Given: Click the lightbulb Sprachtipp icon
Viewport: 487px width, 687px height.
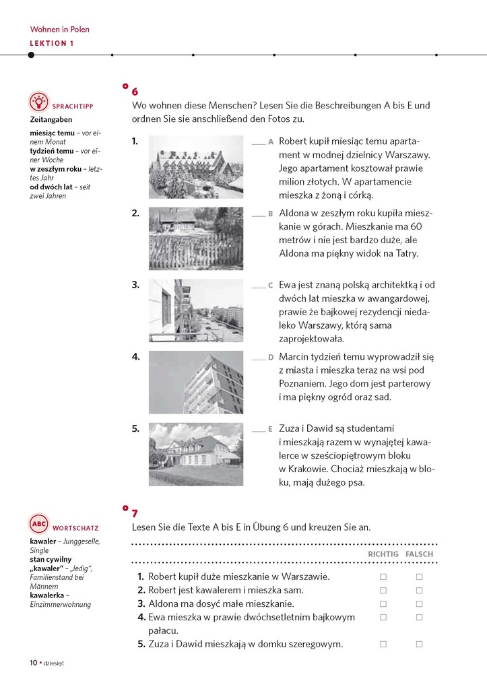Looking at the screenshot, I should point(39,102).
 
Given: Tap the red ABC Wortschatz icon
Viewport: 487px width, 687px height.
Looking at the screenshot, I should point(39,524).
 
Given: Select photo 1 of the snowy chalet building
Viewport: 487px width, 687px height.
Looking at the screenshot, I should point(195,166).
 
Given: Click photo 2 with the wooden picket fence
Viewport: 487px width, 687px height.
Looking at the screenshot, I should point(195,238).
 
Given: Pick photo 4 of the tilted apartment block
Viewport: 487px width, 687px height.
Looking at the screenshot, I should point(195,382).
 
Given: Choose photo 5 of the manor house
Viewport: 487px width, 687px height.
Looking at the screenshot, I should point(195,454).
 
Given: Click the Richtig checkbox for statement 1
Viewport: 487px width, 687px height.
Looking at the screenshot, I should point(383,577).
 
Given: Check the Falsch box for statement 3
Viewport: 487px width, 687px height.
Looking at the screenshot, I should point(419,603).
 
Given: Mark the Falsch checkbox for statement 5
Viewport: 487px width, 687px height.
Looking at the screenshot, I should point(419,644).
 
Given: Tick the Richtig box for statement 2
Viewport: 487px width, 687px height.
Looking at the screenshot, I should point(383,590).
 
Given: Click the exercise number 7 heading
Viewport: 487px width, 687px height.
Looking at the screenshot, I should point(135,513).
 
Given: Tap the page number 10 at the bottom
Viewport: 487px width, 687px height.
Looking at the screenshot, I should point(33,662).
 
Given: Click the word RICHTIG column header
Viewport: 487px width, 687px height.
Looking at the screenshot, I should point(383,554).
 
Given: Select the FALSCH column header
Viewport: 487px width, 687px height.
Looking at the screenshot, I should point(420,554).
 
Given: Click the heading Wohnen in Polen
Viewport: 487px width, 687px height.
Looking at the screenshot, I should point(60,30).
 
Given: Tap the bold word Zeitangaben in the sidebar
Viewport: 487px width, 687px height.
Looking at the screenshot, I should point(51,120).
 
